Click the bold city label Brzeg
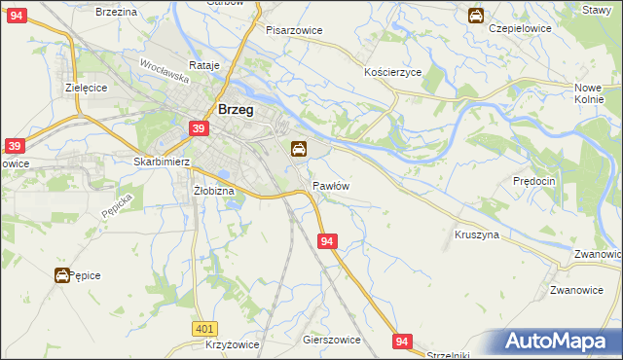[236, 110]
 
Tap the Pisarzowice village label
[294, 30]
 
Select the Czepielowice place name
[520, 28]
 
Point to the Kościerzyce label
[391, 73]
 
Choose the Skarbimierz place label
[161, 162]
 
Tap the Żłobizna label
[214, 191]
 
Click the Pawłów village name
[331, 185]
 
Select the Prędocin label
[533, 181]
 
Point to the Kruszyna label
[476, 234]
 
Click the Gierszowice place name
[332, 340]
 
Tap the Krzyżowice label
[232, 346]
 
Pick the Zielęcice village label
[86, 87]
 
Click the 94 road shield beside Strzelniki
[404, 341]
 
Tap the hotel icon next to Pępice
[61, 275]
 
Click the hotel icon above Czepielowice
[475, 15]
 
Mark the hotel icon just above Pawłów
[299, 149]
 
